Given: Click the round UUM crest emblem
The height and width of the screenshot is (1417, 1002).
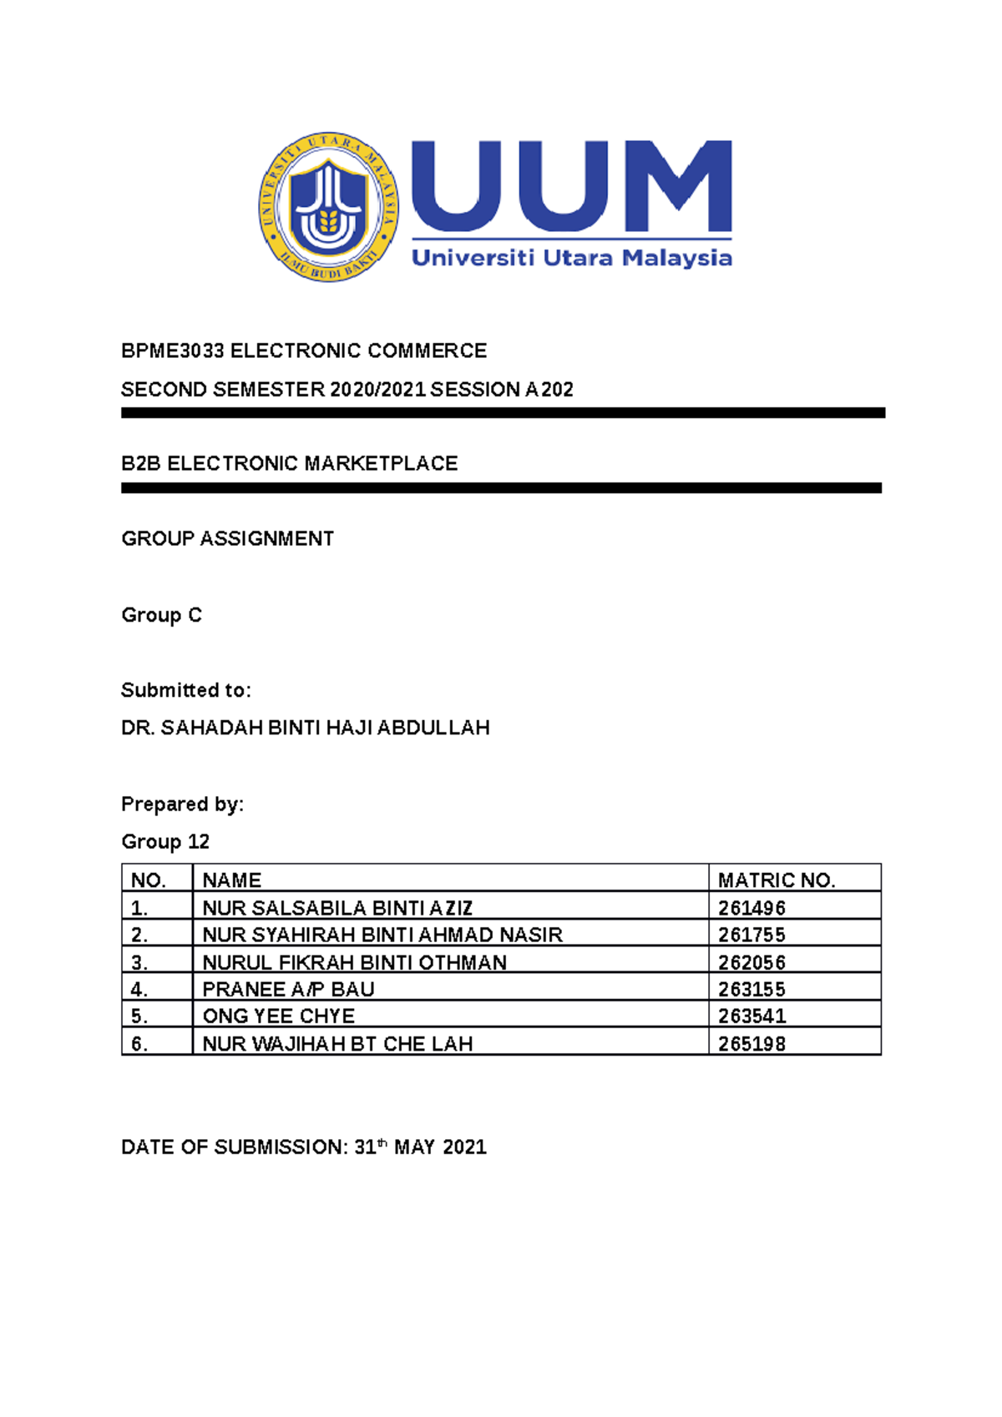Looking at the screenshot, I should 328,207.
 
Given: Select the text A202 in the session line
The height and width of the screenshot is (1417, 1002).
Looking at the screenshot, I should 549,390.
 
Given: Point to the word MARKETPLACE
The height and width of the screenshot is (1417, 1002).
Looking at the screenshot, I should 381,464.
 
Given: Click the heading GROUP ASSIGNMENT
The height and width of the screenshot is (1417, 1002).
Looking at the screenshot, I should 227,539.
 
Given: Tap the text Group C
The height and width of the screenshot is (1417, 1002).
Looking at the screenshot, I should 161,616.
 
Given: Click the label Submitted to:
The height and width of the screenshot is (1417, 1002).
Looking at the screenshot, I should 185,691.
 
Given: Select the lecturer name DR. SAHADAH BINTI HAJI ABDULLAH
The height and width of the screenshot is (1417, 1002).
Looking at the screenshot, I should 305,729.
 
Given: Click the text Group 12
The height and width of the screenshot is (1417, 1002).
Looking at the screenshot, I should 164,842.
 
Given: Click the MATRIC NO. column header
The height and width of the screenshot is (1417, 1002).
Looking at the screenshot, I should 777,880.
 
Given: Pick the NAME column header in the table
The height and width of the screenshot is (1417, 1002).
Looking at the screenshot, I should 232,880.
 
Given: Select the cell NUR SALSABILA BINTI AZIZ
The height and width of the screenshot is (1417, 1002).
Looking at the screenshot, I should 337,908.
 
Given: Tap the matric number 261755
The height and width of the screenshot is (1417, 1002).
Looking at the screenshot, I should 751,935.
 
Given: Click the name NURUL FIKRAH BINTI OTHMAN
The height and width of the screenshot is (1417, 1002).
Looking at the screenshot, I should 354,963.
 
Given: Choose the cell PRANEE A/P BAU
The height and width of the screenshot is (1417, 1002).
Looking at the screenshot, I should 288,990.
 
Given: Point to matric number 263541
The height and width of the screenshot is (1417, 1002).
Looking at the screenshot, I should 751,1016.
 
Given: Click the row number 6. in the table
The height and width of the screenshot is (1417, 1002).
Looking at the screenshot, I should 139,1044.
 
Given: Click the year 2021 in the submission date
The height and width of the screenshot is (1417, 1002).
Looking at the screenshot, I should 464,1147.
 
